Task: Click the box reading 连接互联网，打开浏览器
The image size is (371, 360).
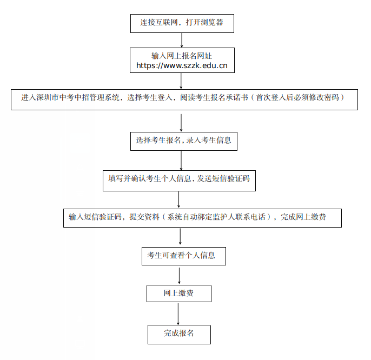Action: click(181, 23)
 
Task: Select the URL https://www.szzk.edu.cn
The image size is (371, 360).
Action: click(182, 66)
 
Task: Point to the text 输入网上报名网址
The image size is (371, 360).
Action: click(182, 56)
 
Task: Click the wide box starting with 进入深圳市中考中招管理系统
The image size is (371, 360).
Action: click(184, 99)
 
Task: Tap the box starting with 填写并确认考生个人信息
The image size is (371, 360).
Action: click(179, 181)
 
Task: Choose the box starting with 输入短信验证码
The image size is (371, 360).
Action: click(202, 218)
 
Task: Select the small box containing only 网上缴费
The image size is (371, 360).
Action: click(179, 294)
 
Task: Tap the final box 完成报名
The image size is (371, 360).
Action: click(179, 334)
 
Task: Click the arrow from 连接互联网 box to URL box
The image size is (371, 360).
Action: click(182, 41)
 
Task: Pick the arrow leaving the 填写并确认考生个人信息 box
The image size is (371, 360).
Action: click(179, 199)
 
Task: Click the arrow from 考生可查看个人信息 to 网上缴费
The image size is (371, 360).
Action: click(180, 275)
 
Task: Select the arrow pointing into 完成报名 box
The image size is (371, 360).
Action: click(178, 313)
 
